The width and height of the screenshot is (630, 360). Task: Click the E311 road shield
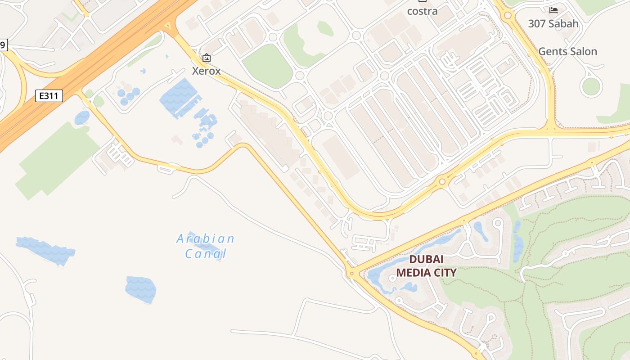[x=49, y=96]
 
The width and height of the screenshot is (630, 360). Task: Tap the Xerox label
[x=206, y=71]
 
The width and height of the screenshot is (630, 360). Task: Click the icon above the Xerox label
[x=207, y=58]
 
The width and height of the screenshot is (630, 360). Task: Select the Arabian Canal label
[x=206, y=246]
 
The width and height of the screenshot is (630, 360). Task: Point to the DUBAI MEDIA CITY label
[x=426, y=266]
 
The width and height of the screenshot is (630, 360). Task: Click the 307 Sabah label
[x=553, y=23]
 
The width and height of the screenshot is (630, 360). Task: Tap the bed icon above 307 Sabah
[x=553, y=10]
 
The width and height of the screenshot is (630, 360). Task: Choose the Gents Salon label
[x=567, y=51]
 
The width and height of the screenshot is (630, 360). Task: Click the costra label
[x=422, y=11]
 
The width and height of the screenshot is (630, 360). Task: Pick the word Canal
[x=206, y=254]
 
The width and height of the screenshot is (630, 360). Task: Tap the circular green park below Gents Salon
[x=591, y=86]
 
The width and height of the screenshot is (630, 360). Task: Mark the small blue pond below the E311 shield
[x=82, y=118]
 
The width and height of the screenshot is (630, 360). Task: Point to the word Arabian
[x=205, y=238]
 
